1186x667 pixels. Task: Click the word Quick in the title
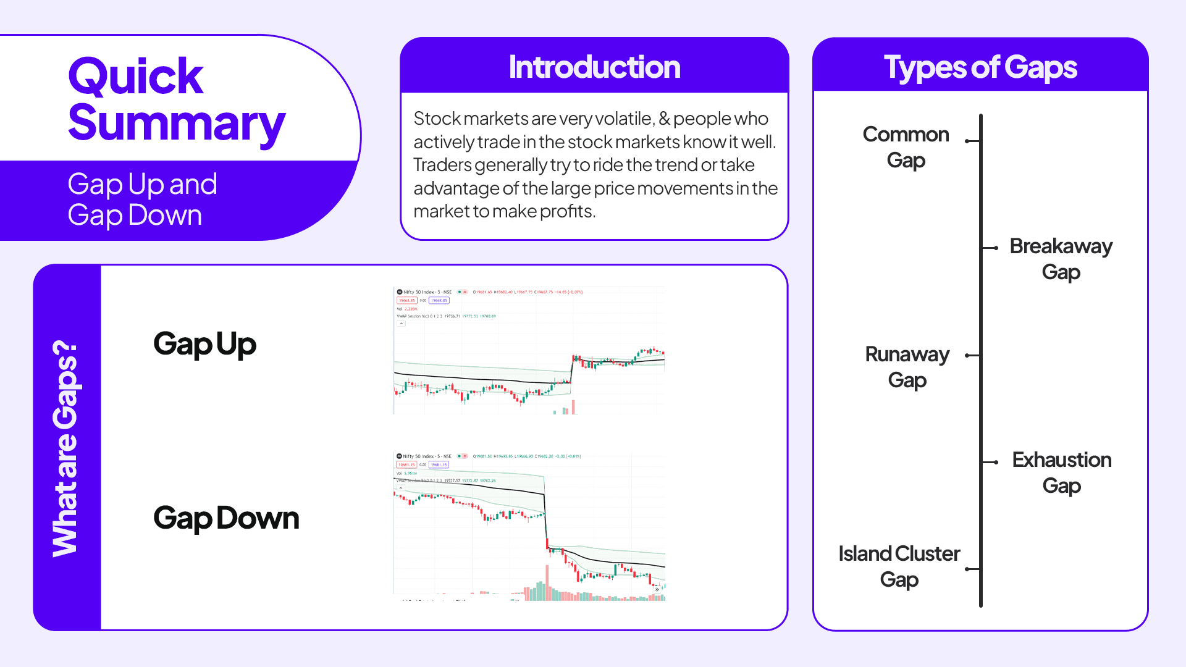tap(135, 77)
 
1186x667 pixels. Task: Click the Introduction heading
tap(594, 67)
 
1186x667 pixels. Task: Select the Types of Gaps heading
tap(980, 67)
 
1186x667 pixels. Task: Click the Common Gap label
tap(906, 147)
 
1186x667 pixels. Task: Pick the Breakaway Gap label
tap(1061, 259)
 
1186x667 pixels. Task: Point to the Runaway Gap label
tap(907, 367)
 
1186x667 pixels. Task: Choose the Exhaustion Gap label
tap(1061, 472)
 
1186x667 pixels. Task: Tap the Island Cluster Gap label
tap(899, 566)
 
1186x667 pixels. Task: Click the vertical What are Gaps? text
tap(65, 448)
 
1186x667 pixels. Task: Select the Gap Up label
tap(204, 344)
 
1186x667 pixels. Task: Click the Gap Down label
tap(226, 518)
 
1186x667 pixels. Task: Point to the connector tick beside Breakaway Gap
tap(990, 248)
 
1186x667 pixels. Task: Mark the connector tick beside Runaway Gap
tap(972, 355)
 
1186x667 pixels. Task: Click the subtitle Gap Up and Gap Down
tap(142, 199)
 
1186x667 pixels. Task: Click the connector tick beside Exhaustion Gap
tap(990, 462)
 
